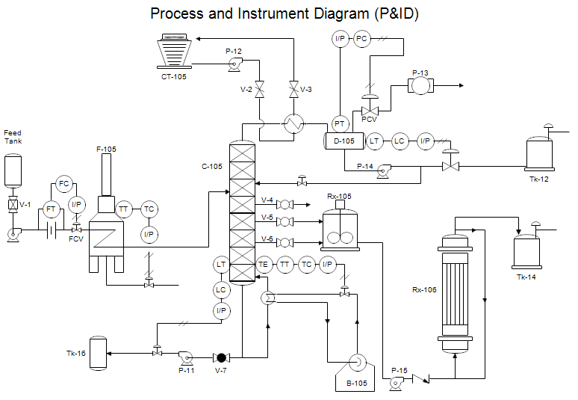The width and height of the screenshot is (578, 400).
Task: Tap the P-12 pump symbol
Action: (233, 66)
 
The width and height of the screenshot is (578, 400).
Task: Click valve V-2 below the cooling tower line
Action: (259, 90)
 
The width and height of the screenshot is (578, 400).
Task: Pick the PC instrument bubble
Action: (361, 40)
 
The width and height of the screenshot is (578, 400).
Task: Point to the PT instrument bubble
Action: (341, 123)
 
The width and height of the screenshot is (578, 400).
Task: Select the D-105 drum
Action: (344, 141)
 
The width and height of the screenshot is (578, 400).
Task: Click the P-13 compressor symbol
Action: (420, 87)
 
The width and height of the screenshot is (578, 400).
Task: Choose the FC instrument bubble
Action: (63, 184)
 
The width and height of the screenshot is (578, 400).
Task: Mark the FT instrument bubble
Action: (51, 209)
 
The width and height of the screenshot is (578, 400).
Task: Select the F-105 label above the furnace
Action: (106, 150)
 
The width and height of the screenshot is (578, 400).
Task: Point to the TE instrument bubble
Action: (263, 264)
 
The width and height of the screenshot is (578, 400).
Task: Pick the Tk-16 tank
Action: (98, 353)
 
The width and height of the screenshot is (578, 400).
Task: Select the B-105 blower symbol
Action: (355, 365)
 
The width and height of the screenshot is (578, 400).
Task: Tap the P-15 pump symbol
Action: (397, 380)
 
